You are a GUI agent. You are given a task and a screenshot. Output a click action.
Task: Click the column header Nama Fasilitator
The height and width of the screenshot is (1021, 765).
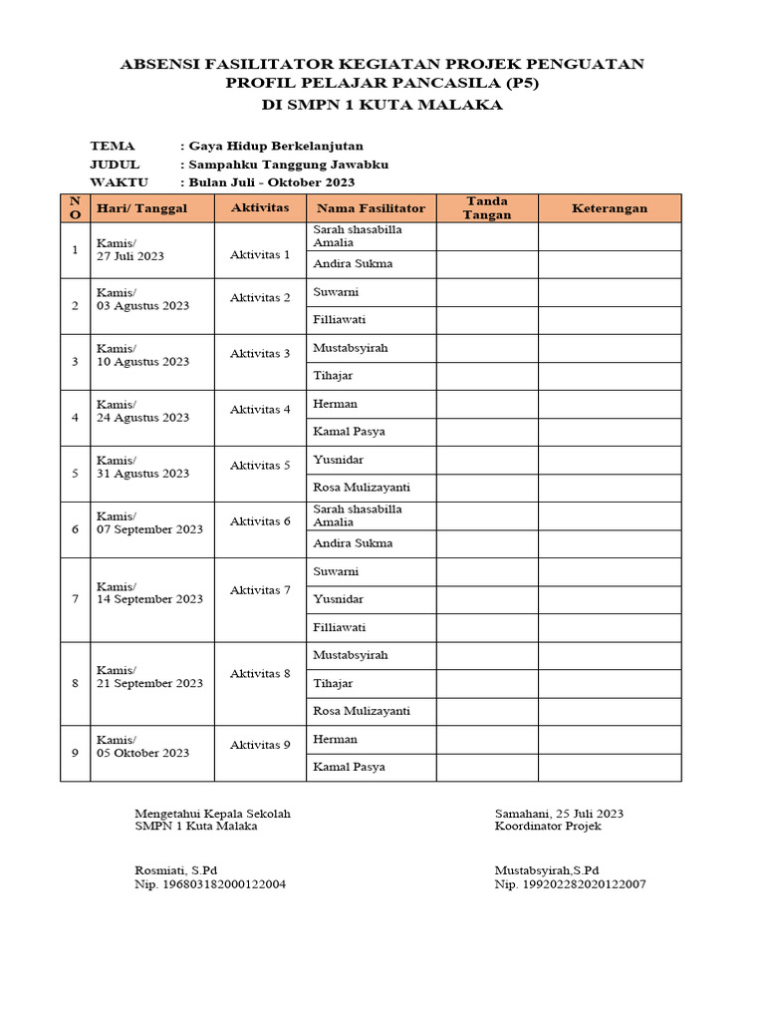tap(371, 208)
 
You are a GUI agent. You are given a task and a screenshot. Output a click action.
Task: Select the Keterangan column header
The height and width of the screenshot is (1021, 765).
tap(610, 208)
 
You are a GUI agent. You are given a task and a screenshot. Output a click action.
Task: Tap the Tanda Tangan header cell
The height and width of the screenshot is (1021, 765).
tap(487, 208)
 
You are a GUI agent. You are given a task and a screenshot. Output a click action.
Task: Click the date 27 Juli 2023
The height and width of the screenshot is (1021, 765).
tap(130, 256)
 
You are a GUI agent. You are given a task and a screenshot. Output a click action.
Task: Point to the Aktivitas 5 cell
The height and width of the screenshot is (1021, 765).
tap(260, 466)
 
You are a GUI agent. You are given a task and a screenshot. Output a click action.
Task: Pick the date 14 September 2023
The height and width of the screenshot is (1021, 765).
tap(149, 599)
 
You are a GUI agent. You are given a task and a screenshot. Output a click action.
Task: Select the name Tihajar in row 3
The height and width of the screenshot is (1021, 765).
tap(333, 376)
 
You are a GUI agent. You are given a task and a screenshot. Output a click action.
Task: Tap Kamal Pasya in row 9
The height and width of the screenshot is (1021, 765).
tap(349, 767)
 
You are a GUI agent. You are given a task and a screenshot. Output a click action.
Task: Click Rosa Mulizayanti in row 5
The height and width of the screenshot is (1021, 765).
tap(362, 488)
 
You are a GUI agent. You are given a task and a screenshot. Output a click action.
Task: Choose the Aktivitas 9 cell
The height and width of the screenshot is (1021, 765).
tap(260, 745)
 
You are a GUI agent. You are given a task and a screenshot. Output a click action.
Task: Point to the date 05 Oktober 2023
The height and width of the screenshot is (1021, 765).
tap(142, 753)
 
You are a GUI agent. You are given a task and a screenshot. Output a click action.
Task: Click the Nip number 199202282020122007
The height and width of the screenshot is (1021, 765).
tap(570, 884)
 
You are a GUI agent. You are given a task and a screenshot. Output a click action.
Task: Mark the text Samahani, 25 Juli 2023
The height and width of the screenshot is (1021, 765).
tap(559, 814)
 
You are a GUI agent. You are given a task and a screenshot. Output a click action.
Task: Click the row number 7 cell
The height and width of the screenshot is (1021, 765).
tap(75, 599)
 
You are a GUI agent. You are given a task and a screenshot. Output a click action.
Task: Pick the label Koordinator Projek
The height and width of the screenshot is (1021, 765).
tap(547, 826)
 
